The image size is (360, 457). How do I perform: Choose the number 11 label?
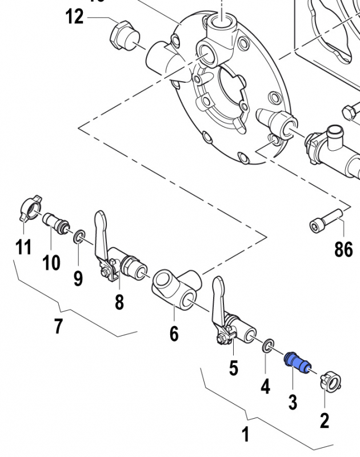click(23, 247)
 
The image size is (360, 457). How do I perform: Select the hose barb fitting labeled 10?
click(56, 223)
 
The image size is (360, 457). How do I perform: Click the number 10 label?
click(51, 263)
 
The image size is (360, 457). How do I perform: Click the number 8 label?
click(119, 301)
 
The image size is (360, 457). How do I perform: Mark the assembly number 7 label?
click(58, 326)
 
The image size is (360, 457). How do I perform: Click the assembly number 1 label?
click(246, 435)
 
